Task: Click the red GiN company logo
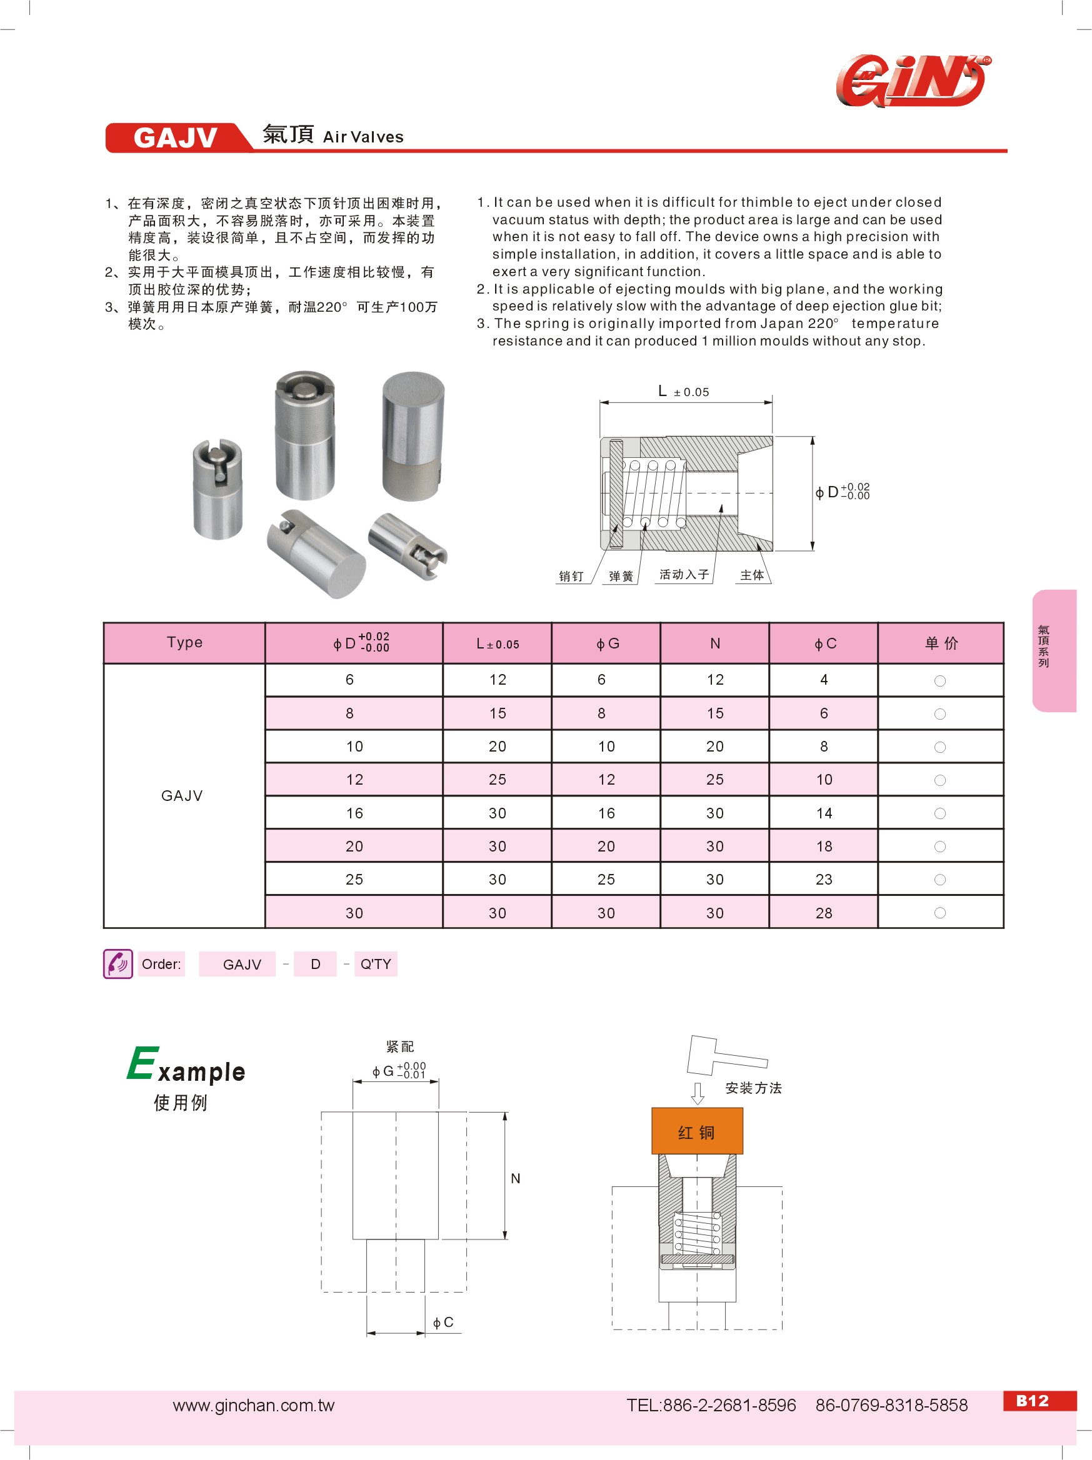[x=913, y=80]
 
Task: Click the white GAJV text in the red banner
[x=175, y=137]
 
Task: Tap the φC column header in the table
[x=824, y=643]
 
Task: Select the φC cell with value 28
[x=823, y=913]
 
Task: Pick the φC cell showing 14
[x=823, y=813]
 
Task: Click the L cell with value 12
[x=497, y=680]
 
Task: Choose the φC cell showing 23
[x=823, y=879]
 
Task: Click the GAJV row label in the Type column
[x=183, y=795]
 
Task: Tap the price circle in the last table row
[x=939, y=913]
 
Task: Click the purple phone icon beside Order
[x=118, y=964]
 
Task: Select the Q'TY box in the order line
[x=375, y=964]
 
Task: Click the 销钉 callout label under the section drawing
[x=571, y=576]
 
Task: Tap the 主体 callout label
[x=751, y=575]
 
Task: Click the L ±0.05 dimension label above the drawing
[x=683, y=392]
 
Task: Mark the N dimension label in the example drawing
[x=516, y=1178]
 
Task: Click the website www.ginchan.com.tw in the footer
[x=254, y=1405]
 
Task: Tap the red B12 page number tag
[x=1033, y=1401]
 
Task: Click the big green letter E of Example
[x=143, y=1063]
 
